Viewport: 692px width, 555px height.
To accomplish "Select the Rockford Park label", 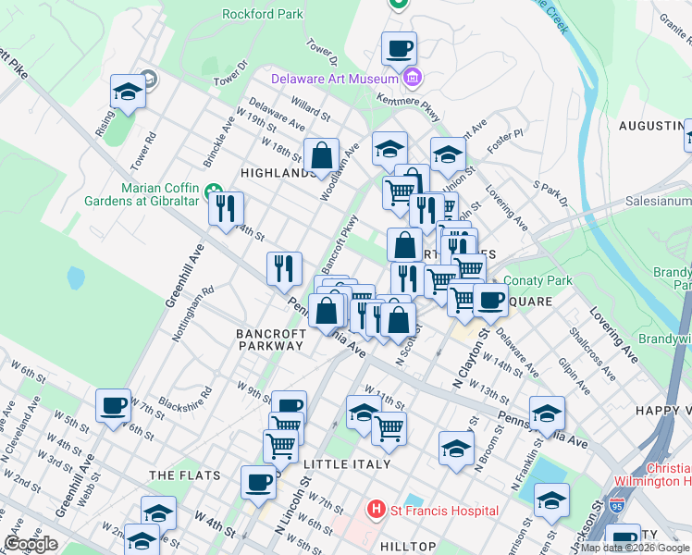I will point(263,14).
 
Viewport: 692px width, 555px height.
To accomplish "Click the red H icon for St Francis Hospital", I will point(376,510).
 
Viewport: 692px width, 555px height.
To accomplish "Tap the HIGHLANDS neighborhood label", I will point(273,173).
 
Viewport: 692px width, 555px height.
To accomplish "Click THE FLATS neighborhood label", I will point(185,475).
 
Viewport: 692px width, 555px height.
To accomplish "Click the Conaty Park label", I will point(538,280).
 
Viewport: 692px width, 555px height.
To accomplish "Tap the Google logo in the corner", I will point(31,544).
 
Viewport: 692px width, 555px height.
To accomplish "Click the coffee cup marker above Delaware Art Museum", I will point(399,47).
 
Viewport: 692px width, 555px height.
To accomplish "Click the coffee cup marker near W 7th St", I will point(114,404).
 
